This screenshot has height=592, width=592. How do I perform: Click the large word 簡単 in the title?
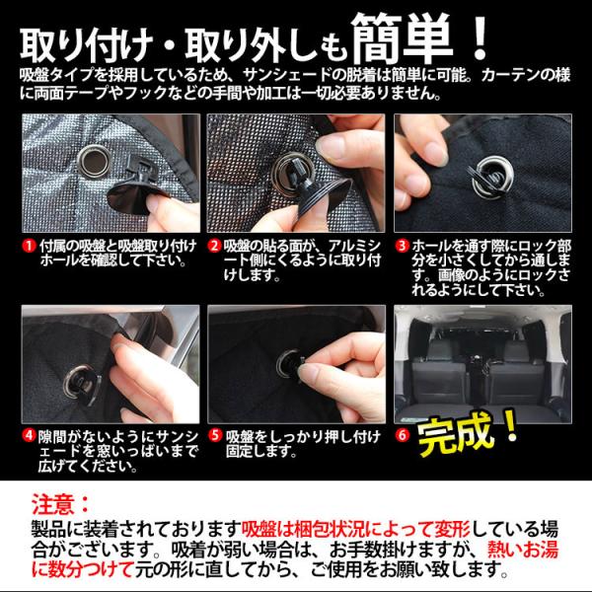[x=403, y=37]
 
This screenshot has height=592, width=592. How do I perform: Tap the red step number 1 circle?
[x=29, y=246]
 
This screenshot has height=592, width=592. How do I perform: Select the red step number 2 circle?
[x=214, y=246]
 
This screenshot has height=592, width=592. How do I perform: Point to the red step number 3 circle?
[x=402, y=246]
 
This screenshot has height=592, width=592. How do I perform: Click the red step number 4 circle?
[x=29, y=435]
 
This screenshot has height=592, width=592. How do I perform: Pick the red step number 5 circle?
[x=214, y=435]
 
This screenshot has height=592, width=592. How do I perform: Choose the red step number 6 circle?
[x=402, y=435]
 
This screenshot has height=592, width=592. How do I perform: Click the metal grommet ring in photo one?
[x=94, y=161]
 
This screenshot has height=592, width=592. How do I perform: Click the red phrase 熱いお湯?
[x=523, y=550]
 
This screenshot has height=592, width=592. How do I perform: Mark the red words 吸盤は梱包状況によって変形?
[x=355, y=529]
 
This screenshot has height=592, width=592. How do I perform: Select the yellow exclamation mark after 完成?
[x=510, y=424]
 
